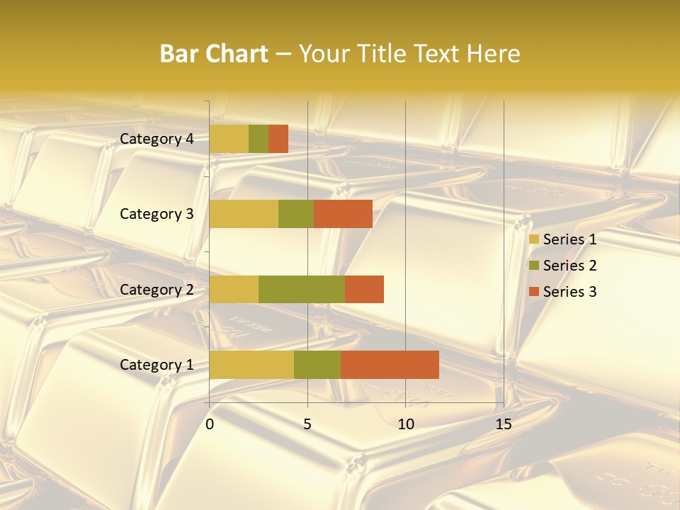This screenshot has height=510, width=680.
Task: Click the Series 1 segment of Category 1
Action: (251, 365)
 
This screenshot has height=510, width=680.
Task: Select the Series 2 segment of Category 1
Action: (317, 365)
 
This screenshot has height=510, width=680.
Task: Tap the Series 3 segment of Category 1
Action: (390, 365)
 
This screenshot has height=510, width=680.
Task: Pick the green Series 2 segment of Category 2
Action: (302, 289)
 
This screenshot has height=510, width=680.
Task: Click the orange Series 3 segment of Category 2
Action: (364, 289)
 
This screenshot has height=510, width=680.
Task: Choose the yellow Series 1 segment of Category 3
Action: (244, 214)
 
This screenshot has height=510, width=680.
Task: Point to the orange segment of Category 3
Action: (343, 214)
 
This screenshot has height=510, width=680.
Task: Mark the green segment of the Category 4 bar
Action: (259, 139)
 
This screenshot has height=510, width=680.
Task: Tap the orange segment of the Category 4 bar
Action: (278, 139)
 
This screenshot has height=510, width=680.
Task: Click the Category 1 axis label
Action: (157, 365)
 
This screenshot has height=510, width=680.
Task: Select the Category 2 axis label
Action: (157, 289)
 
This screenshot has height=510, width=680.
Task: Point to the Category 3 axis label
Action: (157, 214)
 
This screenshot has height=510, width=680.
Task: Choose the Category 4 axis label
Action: (157, 139)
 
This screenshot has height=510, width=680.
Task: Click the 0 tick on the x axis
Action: (210, 424)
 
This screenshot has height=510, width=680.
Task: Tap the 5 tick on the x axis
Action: (307, 424)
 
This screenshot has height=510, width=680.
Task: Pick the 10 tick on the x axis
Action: (405, 424)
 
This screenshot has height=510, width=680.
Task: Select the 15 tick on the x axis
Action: (503, 424)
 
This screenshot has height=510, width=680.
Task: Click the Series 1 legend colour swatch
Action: (533, 239)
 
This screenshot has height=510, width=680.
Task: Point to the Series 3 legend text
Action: (569, 292)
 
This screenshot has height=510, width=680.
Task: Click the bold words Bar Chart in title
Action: (214, 54)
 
